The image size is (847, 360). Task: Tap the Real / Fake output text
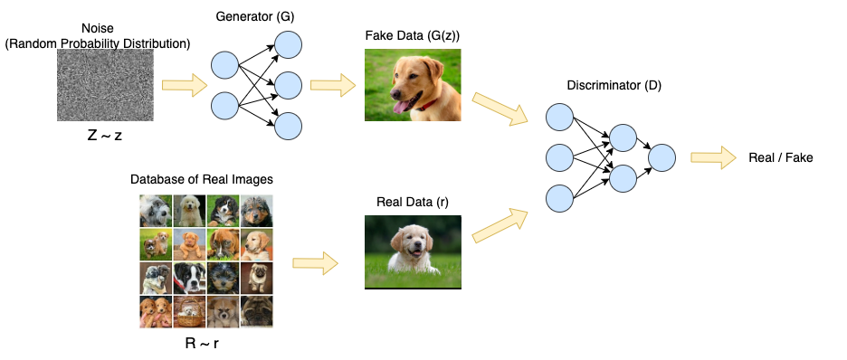(781, 157)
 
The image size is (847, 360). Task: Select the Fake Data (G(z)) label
(412, 35)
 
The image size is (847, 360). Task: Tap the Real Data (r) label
(413, 202)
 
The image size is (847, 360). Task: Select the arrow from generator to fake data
(332, 87)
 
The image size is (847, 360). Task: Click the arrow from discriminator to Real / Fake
(714, 157)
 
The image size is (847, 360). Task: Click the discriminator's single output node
(662, 157)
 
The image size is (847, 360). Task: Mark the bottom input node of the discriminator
(559, 197)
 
